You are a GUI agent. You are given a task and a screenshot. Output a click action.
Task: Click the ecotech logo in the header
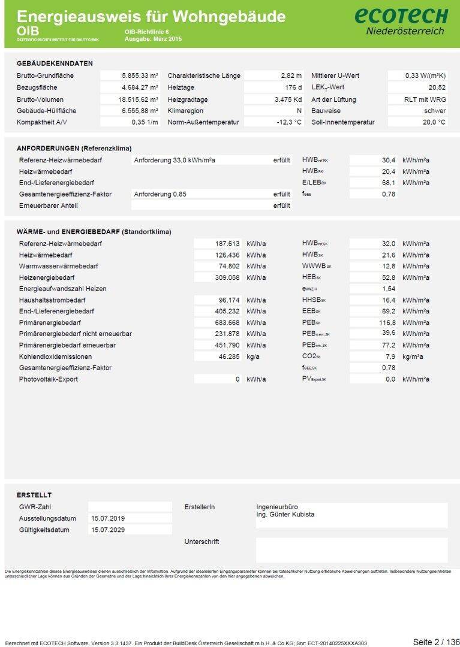tap(405, 20)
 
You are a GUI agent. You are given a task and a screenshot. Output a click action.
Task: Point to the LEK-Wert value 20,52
tap(435, 87)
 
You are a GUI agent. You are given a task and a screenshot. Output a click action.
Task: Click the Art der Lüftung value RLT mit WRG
tap(425, 99)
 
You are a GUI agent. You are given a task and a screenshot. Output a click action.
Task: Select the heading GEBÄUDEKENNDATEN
tap(55, 64)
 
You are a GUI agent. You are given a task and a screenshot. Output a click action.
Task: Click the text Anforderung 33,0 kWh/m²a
tap(175, 161)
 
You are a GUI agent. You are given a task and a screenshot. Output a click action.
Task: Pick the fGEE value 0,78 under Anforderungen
tap(388, 194)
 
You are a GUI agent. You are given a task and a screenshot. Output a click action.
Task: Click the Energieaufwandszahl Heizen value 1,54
tap(388, 289)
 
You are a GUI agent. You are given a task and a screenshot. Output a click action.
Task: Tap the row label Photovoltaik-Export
tap(48, 379)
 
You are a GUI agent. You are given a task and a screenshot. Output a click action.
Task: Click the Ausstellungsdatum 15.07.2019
tap(108, 518)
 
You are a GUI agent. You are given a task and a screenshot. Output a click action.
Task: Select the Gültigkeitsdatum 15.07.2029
tap(108, 530)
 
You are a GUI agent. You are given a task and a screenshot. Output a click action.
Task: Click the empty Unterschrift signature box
tap(351, 549)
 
